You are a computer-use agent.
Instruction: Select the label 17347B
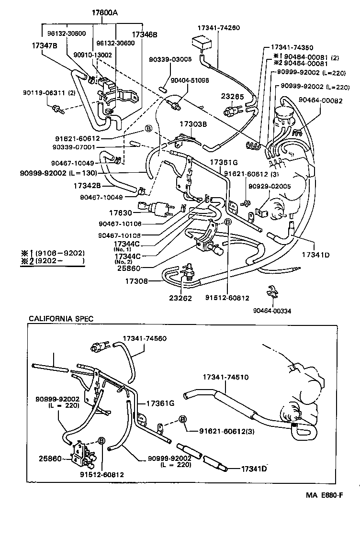point(45,46)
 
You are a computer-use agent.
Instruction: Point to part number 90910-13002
point(92,55)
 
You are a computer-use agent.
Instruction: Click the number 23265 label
point(232,97)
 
